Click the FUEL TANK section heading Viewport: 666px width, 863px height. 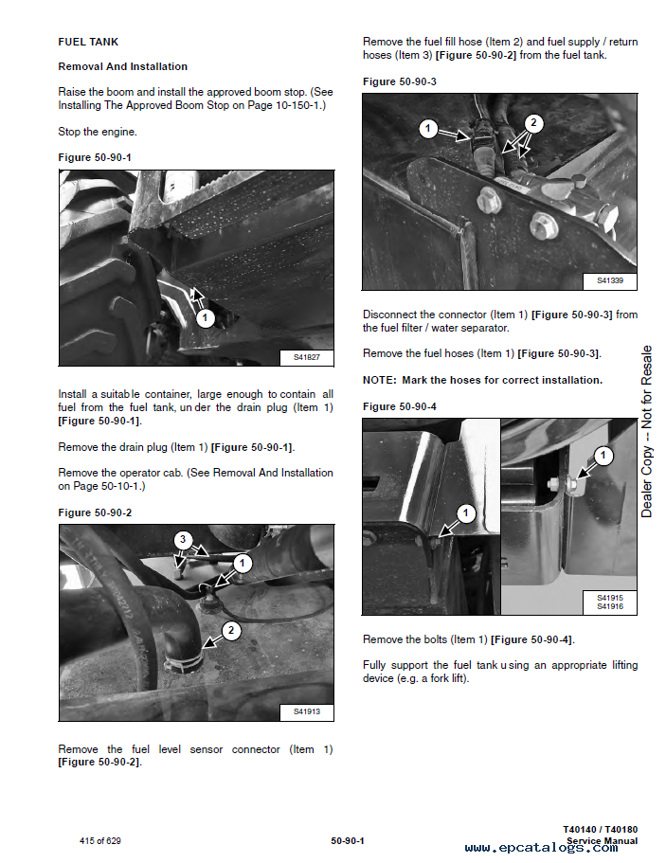[x=88, y=42]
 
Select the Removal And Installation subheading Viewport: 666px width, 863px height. [x=123, y=66]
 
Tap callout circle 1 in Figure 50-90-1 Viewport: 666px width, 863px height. [x=205, y=318]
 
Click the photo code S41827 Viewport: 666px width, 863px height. [x=306, y=357]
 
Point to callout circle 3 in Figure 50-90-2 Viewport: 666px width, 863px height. [x=183, y=539]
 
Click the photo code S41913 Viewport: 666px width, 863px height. [x=306, y=711]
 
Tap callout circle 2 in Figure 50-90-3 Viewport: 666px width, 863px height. [x=533, y=122]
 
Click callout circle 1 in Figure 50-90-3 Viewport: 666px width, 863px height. [x=428, y=129]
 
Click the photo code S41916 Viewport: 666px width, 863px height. [x=610, y=606]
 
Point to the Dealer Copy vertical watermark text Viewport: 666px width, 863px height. [x=647, y=432]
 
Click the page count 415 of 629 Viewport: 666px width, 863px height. [x=99, y=841]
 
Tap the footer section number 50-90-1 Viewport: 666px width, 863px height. [x=348, y=841]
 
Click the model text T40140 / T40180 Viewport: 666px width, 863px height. [x=600, y=829]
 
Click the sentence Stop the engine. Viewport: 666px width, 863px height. [x=98, y=132]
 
